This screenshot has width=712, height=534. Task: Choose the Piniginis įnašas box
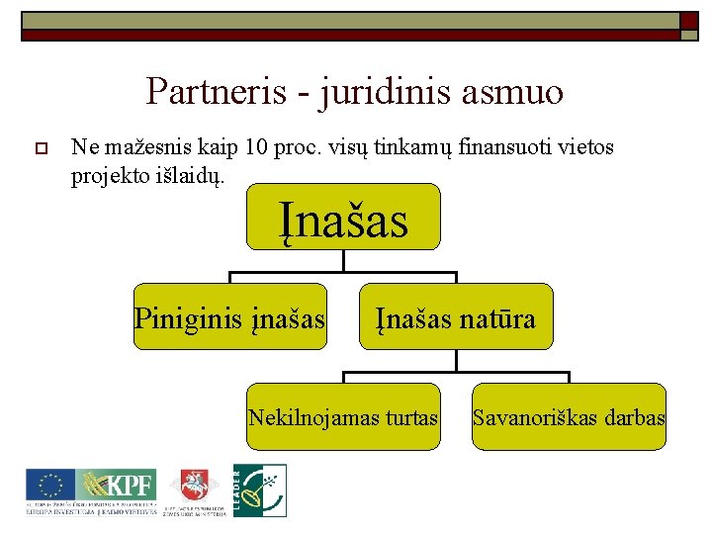(x=229, y=317)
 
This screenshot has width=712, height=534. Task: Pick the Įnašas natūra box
(x=456, y=317)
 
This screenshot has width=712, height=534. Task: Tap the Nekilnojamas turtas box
(x=343, y=416)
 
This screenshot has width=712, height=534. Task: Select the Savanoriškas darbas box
(x=569, y=416)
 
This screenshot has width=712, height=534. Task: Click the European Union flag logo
(x=48, y=486)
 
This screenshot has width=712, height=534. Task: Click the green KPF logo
(x=117, y=486)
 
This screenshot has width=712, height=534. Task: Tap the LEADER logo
(x=260, y=489)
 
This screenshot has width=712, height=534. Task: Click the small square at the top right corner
(x=689, y=22)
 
